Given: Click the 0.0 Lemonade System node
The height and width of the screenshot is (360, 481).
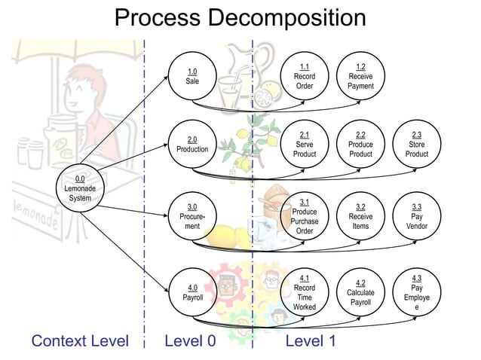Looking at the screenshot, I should coord(79,188).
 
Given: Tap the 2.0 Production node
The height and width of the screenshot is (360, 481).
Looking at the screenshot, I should coord(192,145).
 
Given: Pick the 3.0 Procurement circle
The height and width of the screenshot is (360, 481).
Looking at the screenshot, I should coord(192,216).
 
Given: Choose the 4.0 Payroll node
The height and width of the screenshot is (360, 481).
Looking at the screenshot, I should coord(192,292).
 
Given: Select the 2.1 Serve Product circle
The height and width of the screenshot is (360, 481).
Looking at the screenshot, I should coord(304,145).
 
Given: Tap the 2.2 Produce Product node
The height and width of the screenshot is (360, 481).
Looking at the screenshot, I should coord(360,145).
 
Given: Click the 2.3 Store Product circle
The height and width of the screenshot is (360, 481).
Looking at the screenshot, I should coord(417,145).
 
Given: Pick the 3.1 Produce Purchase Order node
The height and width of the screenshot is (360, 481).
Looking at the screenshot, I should coord(304,216).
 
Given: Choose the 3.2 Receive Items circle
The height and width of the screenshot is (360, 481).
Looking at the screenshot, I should coord(360,216).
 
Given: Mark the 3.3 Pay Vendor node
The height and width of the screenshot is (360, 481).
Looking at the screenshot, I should coord(417,216).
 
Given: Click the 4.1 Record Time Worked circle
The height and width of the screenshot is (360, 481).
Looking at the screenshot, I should coord(304,292).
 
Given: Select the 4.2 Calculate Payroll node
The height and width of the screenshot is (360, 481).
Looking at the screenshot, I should coord(360,292).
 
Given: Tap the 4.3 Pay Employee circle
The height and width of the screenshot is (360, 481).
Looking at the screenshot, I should coord(417,292).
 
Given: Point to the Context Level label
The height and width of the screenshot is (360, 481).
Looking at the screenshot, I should coord(79,341).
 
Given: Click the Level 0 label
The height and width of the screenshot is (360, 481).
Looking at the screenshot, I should coord(190,341).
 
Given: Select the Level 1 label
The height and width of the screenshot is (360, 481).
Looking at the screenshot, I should coord(310,341).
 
